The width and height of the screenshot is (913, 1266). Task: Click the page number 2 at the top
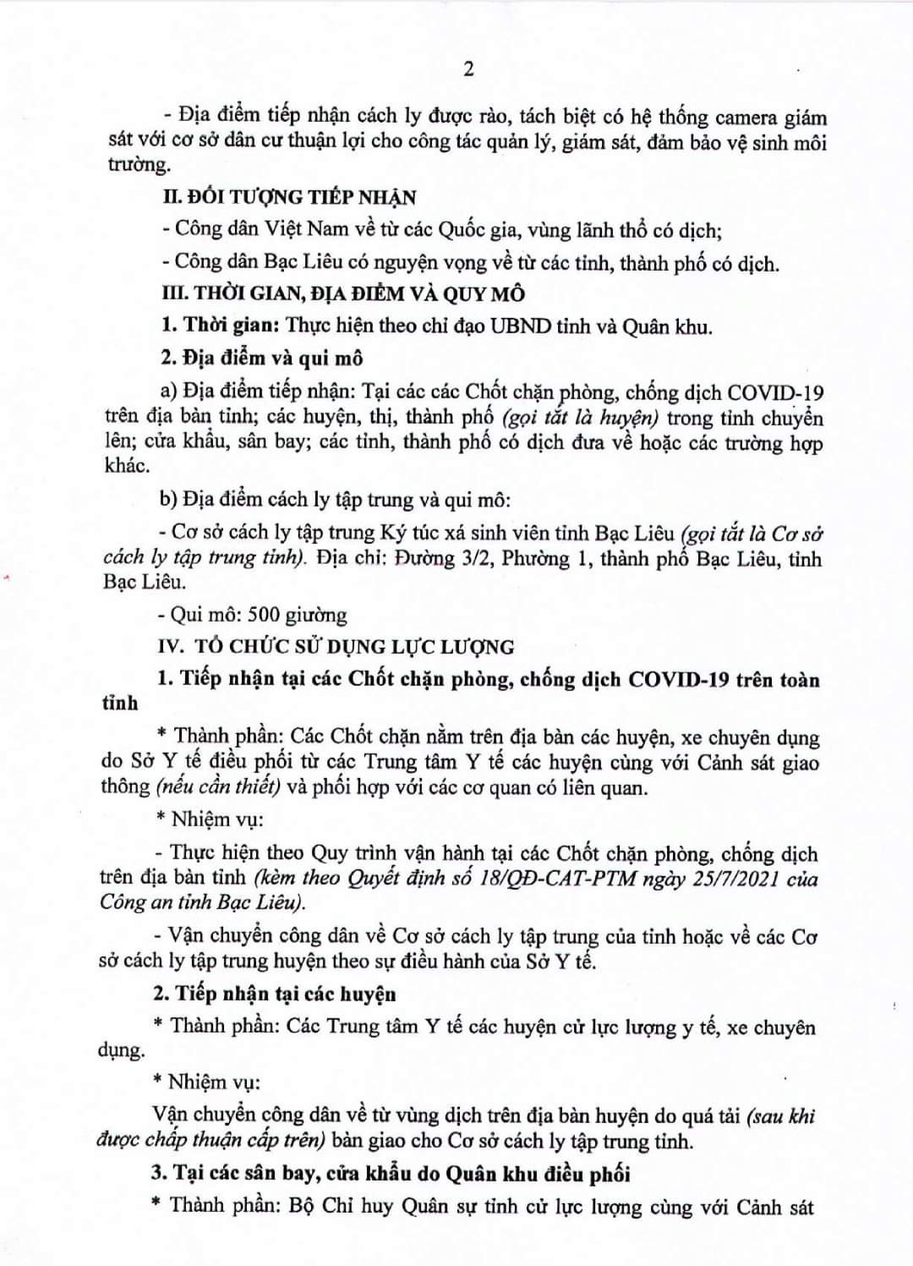[468, 69]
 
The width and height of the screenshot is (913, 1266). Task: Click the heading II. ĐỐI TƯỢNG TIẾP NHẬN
[289, 198]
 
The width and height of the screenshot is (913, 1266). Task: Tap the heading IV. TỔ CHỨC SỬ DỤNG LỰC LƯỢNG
[336, 647]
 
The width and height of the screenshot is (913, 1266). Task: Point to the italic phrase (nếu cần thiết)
[218, 787]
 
